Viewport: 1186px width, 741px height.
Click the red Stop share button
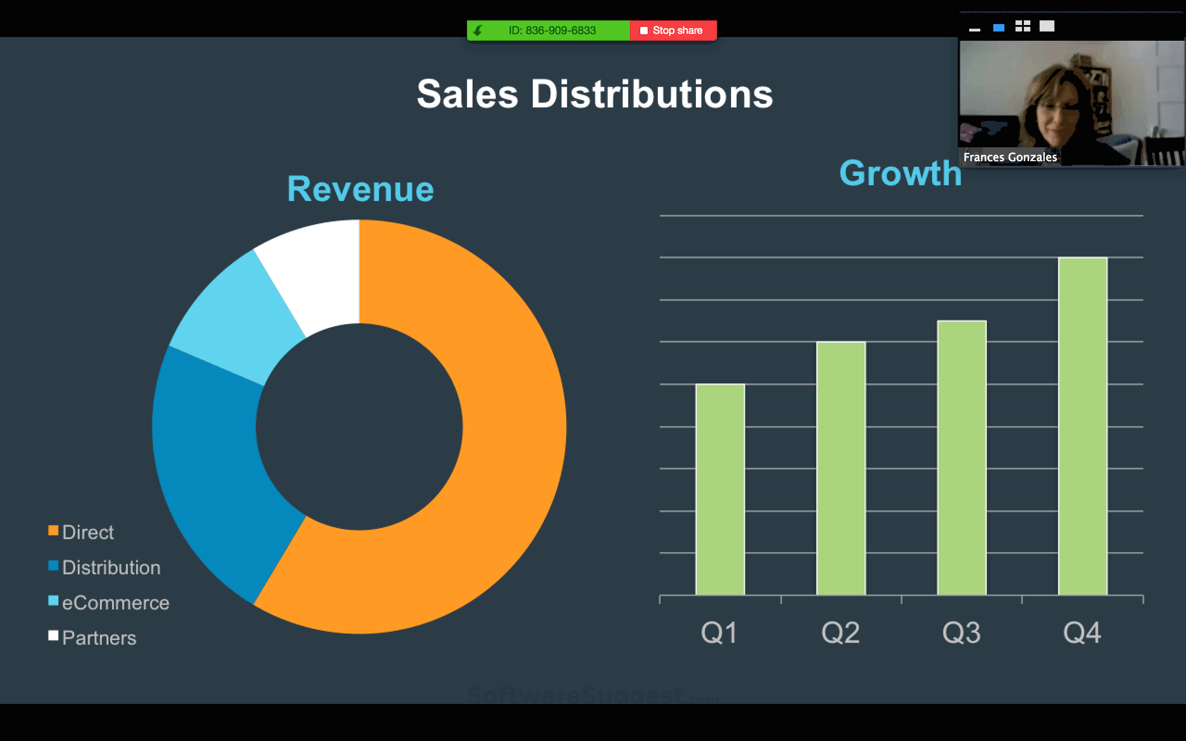pyautogui.click(x=673, y=31)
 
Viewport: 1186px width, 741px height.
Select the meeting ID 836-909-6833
pyautogui.click(x=552, y=31)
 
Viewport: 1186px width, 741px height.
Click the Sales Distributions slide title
pyautogui.click(x=594, y=94)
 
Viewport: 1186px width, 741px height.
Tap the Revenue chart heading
pyautogui.click(x=360, y=189)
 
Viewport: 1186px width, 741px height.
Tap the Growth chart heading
pyautogui.click(x=900, y=174)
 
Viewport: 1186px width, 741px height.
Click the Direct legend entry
pyautogui.click(x=88, y=532)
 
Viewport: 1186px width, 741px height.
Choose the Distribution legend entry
pyautogui.click(x=111, y=567)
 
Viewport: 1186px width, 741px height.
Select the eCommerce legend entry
pyautogui.click(x=115, y=603)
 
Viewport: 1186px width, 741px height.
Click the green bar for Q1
pyautogui.click(x=720, y=490)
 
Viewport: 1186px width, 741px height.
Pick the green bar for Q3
pyautogui.click(x=962, y=458)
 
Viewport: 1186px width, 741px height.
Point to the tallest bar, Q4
pyautogui.click(x=1083, y=427)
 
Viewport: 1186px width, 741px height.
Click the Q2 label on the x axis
pyautogui.click(x=840, y=633)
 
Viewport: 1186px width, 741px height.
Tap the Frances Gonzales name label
pyautogui.click(x=1009, y=157)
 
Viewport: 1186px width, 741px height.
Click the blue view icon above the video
pyautogui.click(x=998, y=27)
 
